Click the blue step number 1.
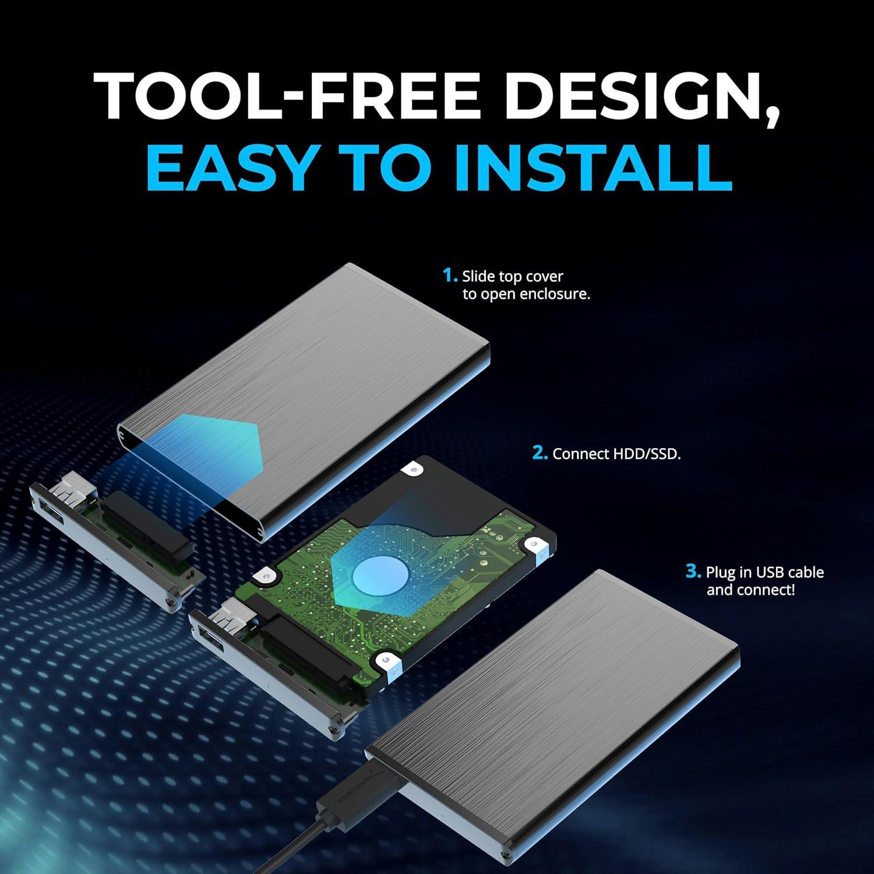tap(449, 276)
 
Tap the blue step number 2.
tap(540, 453)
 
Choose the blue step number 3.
tap(692, 572)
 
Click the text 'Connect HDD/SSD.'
tap(616, 454)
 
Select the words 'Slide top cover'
tap(513, 276)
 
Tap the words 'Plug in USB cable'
tap(764, 572)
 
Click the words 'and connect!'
tap(750, 590)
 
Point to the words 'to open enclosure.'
tap(527, 294)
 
